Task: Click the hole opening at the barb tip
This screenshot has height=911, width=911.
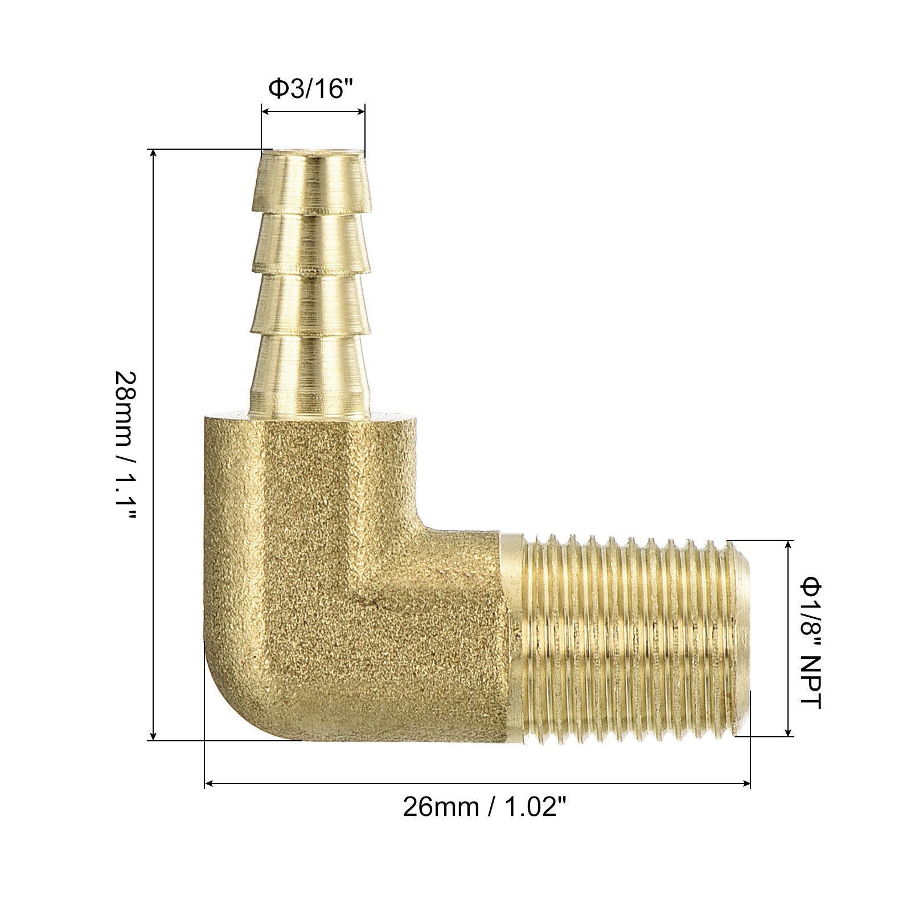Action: coord(313,153)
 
